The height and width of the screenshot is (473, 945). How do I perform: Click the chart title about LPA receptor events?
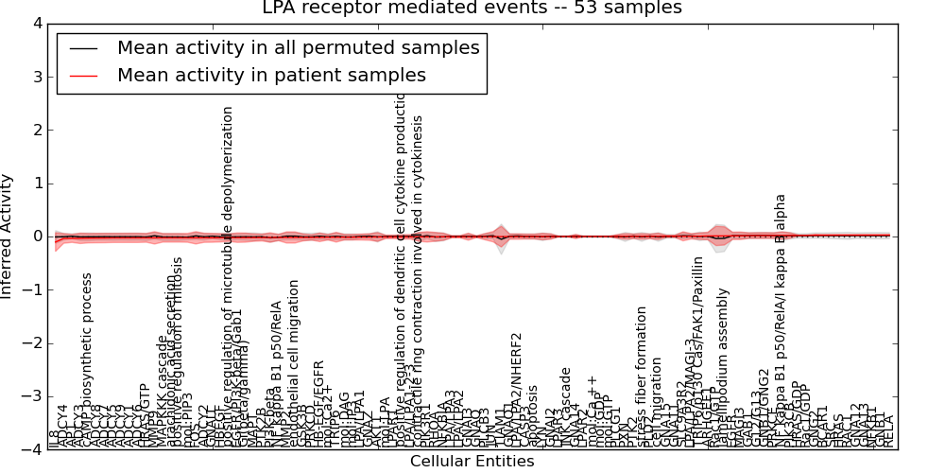472,9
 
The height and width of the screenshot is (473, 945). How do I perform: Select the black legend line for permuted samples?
83,48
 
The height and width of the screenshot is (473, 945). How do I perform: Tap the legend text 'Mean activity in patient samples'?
271,75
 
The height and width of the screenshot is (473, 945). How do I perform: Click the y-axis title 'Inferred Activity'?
9,236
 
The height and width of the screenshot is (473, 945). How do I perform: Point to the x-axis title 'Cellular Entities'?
472,462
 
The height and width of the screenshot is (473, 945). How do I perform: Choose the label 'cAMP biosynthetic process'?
87,359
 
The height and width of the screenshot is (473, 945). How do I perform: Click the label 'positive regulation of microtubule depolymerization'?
227,274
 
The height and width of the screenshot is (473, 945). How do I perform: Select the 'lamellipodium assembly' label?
725,374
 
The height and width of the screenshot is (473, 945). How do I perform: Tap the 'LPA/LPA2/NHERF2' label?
516,388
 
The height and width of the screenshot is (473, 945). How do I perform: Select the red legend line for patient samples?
83,76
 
